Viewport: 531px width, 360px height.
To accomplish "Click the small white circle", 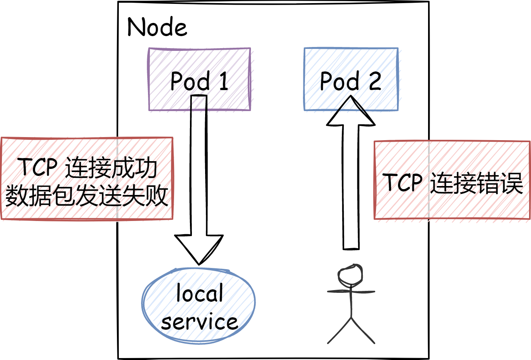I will tap(351, 275).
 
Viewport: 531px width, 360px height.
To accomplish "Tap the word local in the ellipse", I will tap(200, 296).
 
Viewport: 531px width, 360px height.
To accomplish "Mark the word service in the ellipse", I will tap(200, 322).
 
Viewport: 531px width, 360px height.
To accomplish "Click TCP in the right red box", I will tap(404, 183).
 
